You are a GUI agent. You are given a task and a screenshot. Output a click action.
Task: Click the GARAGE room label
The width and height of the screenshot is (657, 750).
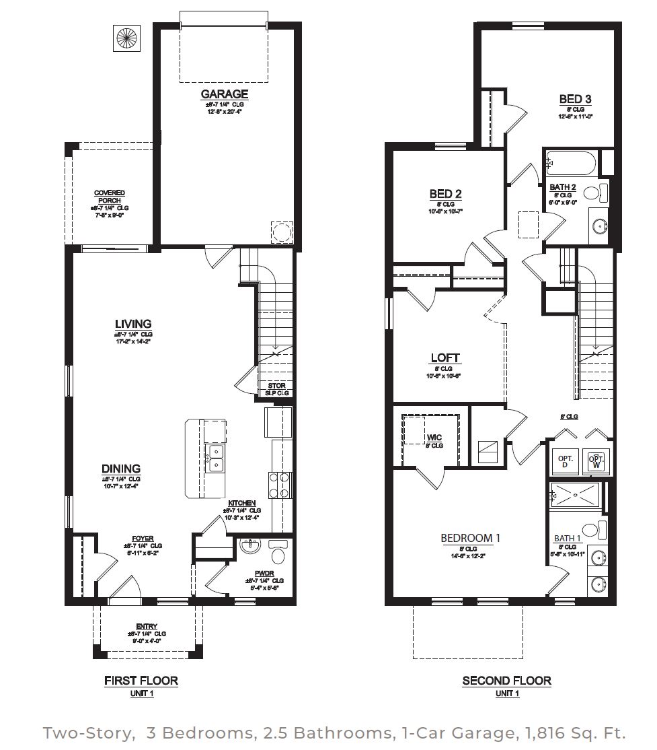(224, 94)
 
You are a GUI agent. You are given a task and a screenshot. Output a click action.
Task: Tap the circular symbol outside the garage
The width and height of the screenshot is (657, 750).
(126, 38)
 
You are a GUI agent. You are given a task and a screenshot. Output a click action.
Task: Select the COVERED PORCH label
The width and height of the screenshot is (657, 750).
(109, 197)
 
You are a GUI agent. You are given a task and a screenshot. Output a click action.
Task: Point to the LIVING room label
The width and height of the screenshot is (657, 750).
(133, 324)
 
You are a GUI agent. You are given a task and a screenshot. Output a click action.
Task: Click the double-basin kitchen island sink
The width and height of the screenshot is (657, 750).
(215, 458)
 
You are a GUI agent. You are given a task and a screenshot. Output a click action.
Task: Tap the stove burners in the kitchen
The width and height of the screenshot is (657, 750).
(281, 485)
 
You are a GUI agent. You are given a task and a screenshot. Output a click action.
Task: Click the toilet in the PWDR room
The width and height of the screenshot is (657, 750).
(278, 554)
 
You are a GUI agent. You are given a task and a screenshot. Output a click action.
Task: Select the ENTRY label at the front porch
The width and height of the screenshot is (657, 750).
(146, 626)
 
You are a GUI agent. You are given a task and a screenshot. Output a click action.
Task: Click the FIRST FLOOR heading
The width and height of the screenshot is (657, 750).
(141, 681)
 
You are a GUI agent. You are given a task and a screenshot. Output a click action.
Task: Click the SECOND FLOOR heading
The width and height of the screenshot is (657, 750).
(506, 681)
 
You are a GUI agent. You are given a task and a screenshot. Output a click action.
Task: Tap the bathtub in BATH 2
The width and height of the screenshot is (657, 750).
(571, 164)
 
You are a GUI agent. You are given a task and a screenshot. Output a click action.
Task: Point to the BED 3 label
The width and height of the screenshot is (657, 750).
(575, 100)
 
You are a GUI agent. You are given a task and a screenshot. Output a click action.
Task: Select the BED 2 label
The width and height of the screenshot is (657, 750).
(445, 195)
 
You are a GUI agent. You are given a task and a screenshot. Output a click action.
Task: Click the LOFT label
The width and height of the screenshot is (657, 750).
(445, 358)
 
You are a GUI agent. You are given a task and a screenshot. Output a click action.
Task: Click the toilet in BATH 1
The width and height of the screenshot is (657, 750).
(592, 529)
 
